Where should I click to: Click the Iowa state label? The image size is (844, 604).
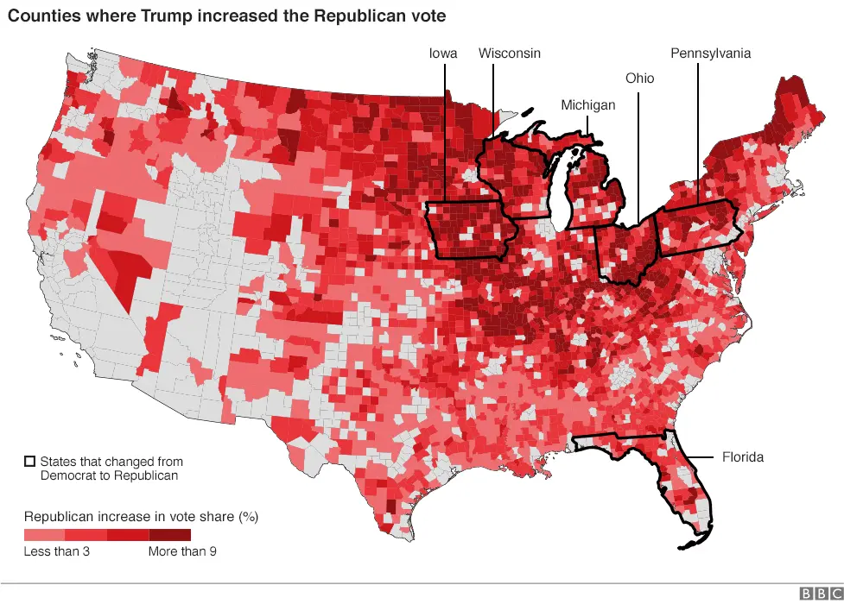click(x=443, y=53)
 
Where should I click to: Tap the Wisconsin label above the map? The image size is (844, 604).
click(x=510, y=53)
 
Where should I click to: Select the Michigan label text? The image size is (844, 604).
click(x=588, y=105)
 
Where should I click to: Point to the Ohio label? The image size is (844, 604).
click(x=640, y=79)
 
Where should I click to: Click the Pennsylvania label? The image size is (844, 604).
click(x=710, y=53)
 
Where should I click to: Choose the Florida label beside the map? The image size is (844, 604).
click(x=743, y=457)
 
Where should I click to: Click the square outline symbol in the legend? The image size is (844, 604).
click(x=30, y=462)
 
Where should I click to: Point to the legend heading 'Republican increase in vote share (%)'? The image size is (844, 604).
click(x=141, y=517)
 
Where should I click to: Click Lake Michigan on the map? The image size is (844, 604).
click(x=562, y=194)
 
